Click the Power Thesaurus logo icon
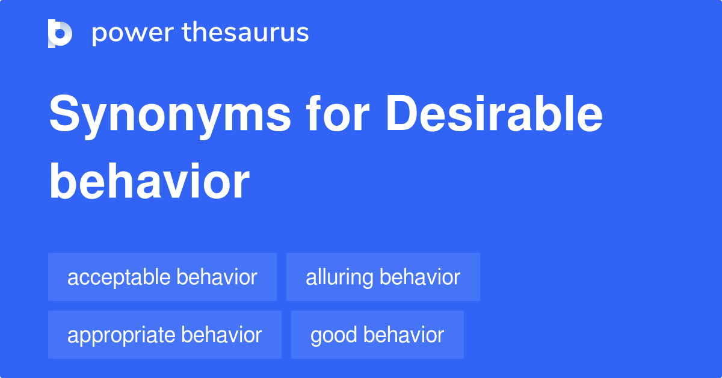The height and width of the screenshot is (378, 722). click(60, 33)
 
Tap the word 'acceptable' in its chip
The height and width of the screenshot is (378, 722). click(119, 277)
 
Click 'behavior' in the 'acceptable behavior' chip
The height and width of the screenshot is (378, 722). click(217, 277)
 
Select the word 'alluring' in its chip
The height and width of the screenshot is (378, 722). click(339, 277)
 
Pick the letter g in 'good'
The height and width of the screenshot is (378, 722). click(316, 336)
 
